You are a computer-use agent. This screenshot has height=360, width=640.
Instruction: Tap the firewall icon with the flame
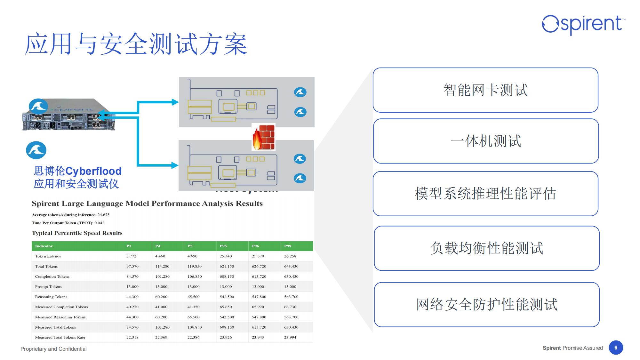click(263, 137)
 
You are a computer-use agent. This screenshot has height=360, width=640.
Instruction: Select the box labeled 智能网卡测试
click(485, 90)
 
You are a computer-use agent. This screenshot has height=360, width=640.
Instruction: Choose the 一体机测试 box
click(486, 141)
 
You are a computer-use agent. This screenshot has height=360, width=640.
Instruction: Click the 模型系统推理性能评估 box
click(485, 194)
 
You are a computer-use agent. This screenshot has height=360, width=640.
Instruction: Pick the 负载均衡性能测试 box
click(486, 248)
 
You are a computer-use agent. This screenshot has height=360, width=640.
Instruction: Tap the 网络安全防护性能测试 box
click(487, 304)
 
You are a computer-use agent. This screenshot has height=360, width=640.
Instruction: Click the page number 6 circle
click(616, 348)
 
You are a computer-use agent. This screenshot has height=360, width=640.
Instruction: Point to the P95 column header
click(223, 246)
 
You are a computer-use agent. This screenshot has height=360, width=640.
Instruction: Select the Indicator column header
click(44, 246)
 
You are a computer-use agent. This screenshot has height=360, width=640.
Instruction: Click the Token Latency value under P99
click(290, 256)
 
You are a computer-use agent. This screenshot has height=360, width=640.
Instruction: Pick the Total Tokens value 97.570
click(132, 266)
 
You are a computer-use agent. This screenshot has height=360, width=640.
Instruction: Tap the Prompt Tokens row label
click(48, 287)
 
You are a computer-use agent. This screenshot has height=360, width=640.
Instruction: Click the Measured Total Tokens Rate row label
click(60, 337)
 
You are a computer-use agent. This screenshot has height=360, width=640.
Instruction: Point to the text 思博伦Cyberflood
click(78, 171)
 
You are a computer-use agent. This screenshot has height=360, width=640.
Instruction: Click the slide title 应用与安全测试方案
click(136, 44)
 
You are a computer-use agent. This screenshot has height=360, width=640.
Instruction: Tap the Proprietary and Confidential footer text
click(53, 349)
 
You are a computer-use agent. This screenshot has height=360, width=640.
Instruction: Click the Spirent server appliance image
click(68, 115)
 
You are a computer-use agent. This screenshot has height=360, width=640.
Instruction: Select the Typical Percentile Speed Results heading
click(77, 233)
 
